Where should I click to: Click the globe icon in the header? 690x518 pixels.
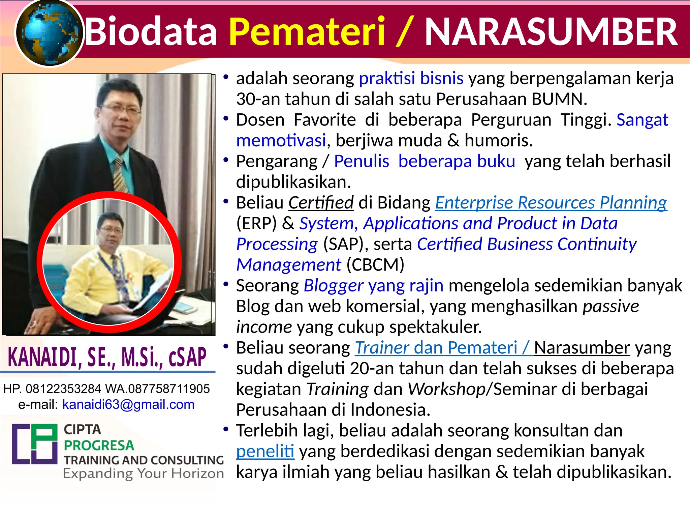49,33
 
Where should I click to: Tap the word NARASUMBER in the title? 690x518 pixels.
551,32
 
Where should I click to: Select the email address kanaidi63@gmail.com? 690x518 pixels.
128,404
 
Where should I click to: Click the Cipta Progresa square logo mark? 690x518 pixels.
35,444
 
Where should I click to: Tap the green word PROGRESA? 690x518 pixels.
99,445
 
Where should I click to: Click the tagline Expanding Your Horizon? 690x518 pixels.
144,473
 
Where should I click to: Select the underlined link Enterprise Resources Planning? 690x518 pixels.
551,203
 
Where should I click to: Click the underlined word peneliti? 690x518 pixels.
265,451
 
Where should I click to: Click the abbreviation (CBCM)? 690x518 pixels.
375,265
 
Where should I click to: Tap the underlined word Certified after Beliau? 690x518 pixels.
321,203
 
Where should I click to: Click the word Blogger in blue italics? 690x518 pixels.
333,286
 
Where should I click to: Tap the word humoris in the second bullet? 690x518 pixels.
498,140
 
